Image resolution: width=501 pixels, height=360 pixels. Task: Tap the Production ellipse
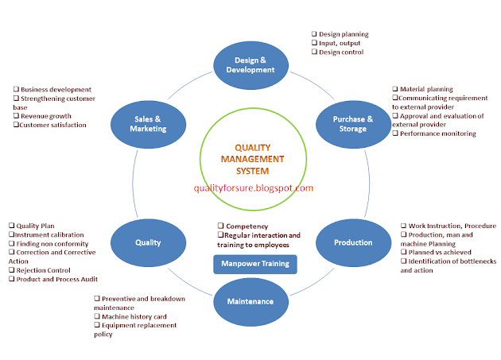point(353,242)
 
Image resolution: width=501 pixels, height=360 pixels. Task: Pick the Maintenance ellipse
point(250,301)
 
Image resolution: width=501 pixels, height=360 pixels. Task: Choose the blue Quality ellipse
point(149,242)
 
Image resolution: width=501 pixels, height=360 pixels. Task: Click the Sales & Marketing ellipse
point(149,125)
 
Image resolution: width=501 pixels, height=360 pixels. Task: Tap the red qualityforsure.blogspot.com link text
point(254,188)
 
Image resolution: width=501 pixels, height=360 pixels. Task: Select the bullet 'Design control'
point(341,52)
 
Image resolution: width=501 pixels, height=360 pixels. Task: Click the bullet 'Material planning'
point(426,90)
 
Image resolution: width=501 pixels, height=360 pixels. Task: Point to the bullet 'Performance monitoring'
point(437,134)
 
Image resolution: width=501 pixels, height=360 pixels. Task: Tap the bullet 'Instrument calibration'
point(52,234)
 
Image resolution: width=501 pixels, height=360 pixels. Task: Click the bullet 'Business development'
point(56,90)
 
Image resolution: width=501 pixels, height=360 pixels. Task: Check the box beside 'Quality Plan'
point(10,226)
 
